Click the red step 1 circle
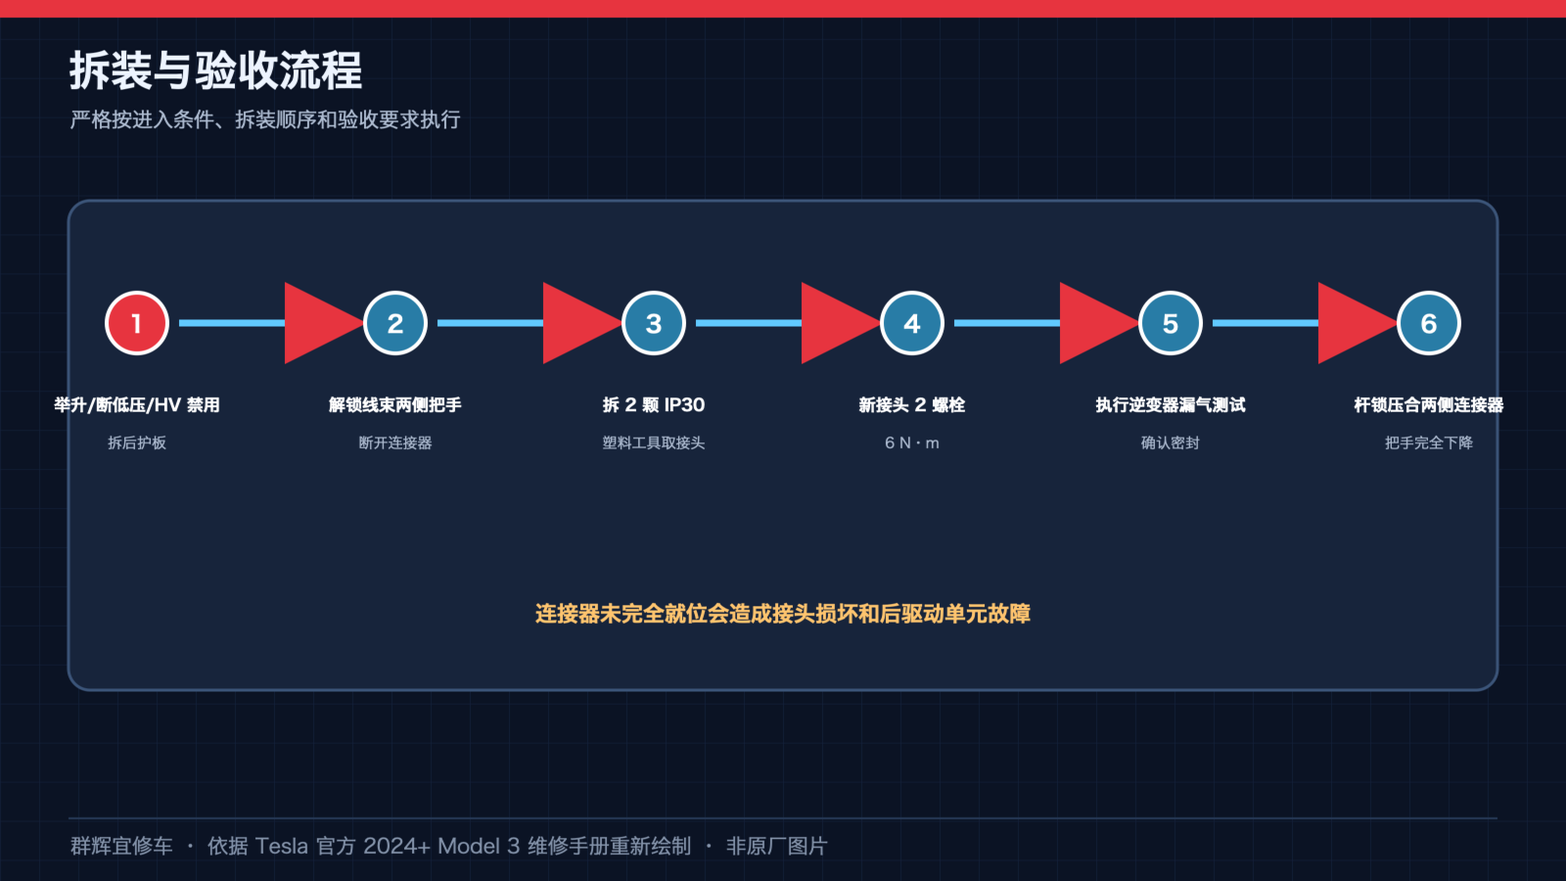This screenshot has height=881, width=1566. point(137,323)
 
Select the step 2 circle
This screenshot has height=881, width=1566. point(395,323)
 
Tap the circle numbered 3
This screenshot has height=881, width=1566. point(654,323)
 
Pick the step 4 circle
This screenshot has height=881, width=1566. point(911,323)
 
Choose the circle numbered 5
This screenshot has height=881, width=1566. point(1171,323)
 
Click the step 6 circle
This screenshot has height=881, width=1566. point(1428,323)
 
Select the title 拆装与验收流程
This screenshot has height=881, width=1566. point(215,70)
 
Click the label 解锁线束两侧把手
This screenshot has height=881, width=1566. point(395,405)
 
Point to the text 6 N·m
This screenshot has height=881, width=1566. point(911,442)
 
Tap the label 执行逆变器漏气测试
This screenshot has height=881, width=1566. point(1171,405)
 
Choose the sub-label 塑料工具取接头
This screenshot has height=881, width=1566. point(654,442)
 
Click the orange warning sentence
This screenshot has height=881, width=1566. point(783,613)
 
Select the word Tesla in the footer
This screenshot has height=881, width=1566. point(281,846)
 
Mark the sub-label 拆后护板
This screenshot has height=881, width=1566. point(137,442)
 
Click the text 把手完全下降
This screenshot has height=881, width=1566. point(1428,442)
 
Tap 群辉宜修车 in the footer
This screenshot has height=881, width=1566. point(121,846)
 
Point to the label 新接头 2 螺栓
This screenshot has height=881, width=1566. point(911,405)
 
